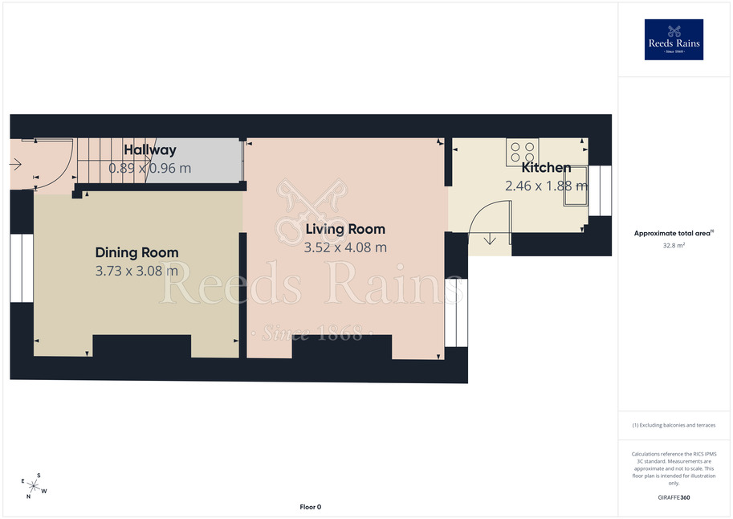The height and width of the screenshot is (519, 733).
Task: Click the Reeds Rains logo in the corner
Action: click(674, 39)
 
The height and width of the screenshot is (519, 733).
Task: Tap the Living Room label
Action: click(345, 229)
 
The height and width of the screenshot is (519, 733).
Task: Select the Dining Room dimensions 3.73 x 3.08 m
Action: click(136, 271)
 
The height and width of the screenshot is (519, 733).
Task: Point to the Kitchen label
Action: click(546, 167)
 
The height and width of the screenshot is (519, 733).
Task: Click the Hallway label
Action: click(150, 149)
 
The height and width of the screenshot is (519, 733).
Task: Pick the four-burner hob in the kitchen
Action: click(522, 152)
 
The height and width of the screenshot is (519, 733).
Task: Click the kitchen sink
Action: click(576, 186)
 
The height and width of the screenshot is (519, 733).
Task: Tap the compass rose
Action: click(34, 486)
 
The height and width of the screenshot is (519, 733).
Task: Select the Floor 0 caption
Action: click(311, 507)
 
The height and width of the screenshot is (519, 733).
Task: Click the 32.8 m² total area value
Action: click(674, 245)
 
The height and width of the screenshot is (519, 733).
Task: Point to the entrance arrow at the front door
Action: click(15, 164)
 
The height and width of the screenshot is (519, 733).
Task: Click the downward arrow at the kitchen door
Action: click(490, 239)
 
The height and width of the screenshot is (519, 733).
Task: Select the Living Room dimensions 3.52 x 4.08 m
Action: click(345, 247)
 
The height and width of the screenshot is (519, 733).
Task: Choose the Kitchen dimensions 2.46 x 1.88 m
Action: click(546, 186)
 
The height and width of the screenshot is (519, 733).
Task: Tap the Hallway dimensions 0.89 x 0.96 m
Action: click(150, 168)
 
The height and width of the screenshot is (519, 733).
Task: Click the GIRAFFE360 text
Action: click(674, 497)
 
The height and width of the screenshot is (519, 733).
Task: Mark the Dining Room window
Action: click(22, 268)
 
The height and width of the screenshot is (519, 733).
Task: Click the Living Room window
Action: click(456, 313)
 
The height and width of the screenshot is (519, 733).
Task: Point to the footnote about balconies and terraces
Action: click(674, 425)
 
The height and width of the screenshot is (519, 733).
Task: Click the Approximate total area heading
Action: click(674, 233)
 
